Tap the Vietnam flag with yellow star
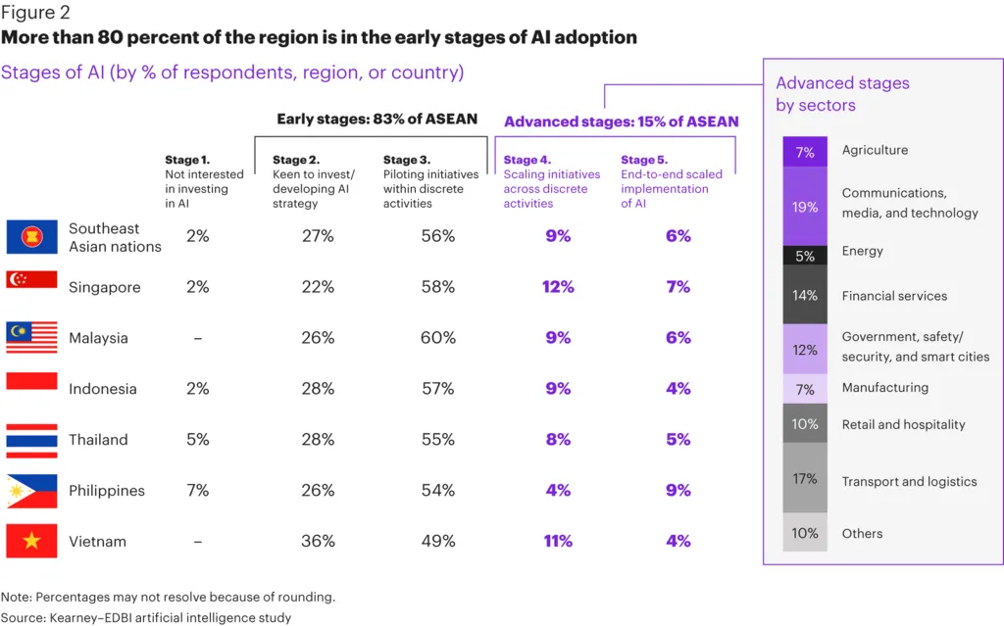[x=31, y=541]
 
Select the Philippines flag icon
[x=31, y=490]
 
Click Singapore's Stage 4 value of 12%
[x=558, y=287]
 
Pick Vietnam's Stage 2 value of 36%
[x=319, y=541]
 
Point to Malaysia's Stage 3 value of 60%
[x=438, y=338]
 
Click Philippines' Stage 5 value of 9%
[x=678, y=490]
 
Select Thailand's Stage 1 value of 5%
[x=197, y=440]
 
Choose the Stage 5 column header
[x=671, y=181]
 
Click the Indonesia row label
[x=102, y=389]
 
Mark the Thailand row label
[x=98, y=440]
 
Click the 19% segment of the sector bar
[x=805, y=207]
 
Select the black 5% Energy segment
[x=805, y=255]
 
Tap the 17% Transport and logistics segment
[x=805, y=479]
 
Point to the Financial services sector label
[x=894, y=296]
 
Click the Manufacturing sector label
[x=884, y=388]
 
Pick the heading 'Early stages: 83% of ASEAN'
[x=377, y=120]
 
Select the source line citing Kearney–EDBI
[x=146, y=617]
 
